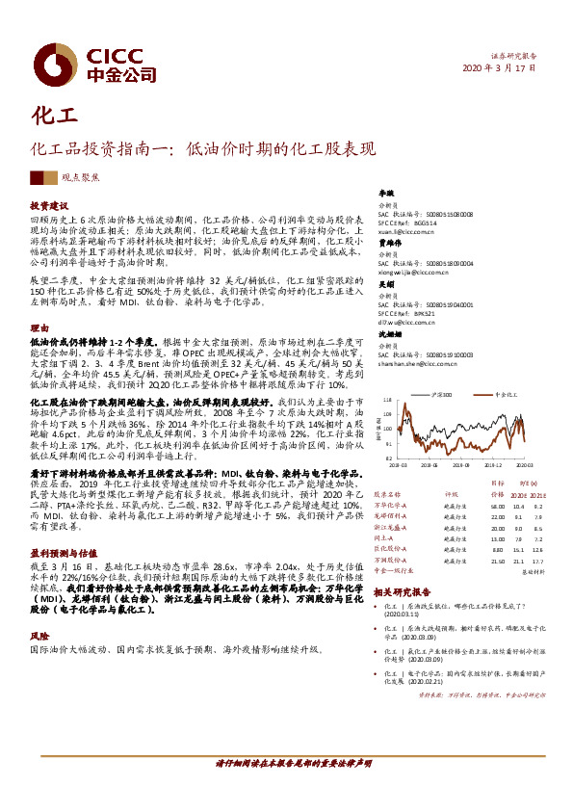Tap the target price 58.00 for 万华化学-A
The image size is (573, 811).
click(497, 505)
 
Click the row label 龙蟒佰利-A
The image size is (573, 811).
click(391, 515)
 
